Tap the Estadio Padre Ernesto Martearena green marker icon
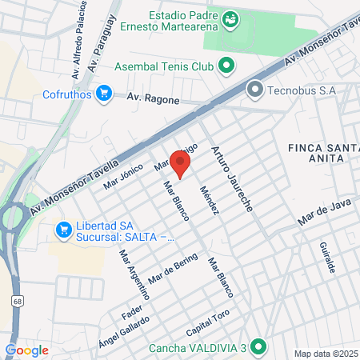click(x=230, y=17)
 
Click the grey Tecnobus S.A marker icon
click(x=255, y=89)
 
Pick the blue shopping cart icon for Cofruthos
click(x=102, y=94)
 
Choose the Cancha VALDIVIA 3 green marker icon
click(x=257, y=347)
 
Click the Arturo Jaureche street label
click(x=232, y=177)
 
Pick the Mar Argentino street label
click(x=128, y=276)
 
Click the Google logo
click(x=26, y=350)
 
